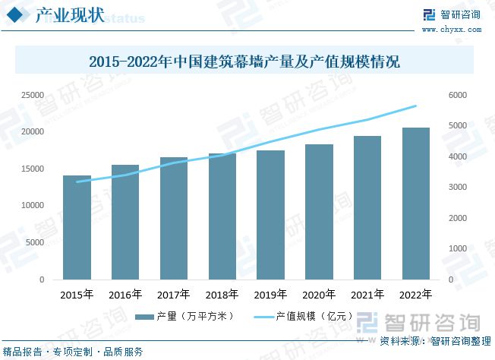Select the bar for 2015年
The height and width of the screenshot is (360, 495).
tap(77, 228)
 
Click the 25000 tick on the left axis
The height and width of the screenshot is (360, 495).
tap(32, 95)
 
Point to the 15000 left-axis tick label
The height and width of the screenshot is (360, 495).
tap(32, 169)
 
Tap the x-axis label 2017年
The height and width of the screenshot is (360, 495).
tap(174, 295)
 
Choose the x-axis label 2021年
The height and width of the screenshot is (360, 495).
tap(367, 295)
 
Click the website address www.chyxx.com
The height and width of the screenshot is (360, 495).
tap(461, 30)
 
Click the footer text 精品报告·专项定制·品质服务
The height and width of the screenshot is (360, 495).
tap(73, 352)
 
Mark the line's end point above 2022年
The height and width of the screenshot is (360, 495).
tap(416, 106)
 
